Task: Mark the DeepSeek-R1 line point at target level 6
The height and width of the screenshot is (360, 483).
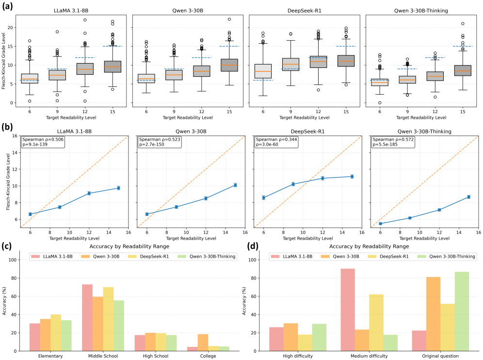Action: pos(263,197)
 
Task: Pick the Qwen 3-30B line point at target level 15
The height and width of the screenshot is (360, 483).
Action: pos(235,185)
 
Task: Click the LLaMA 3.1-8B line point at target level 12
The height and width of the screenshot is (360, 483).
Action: pos(89,193)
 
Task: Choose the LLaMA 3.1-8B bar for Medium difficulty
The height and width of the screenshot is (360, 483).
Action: pos(348,310)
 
